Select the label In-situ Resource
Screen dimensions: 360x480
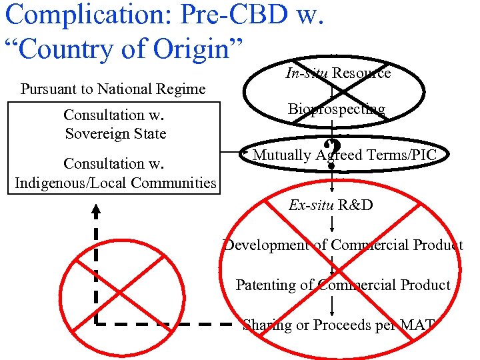coord(338,73)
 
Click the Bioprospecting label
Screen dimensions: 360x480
coord(337,109)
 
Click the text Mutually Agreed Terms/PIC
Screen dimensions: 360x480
coord(345,155)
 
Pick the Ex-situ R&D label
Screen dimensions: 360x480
coord(331,205)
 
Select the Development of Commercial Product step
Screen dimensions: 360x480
coord(343,245)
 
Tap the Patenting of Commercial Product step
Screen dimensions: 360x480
coord(343,285)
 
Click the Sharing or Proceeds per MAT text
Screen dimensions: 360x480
coord(339,325)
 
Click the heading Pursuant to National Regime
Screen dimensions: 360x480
coord(113,89)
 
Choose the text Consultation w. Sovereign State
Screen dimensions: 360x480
coord(115,124)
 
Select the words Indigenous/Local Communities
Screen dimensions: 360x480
coord(115,183)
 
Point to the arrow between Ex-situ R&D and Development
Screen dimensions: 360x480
coord(332,225)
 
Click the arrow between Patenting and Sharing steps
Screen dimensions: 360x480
coord(332,305)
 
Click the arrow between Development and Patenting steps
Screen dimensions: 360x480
coord(332,265)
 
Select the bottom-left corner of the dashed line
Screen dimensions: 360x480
coord(96,324)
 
